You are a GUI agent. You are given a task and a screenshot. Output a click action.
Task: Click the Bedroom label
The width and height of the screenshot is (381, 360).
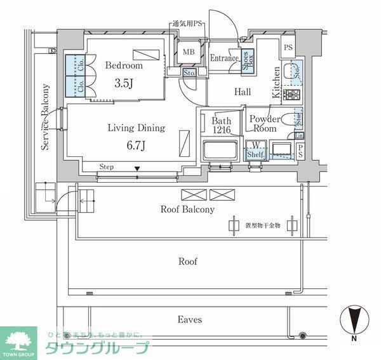tap(124, 65)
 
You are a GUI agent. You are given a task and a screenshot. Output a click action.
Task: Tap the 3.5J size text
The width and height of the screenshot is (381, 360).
tap(124, 82)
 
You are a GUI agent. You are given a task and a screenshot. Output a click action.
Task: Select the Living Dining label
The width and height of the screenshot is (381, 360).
tap(135, 128)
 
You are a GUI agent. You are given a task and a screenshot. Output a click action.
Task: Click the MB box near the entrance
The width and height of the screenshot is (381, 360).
tap(189, 53)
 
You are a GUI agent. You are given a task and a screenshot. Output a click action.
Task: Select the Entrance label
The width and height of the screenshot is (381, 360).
tap(224, 58)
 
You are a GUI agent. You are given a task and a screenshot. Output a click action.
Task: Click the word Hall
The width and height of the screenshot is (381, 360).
tap(243, 92)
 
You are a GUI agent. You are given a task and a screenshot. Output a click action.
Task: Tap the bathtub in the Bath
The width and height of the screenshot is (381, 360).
tap(218, 152)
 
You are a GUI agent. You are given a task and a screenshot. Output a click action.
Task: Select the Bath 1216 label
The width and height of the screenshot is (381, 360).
tap(222, 125)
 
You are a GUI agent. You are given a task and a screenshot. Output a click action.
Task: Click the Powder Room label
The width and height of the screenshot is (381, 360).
tap(265, 123)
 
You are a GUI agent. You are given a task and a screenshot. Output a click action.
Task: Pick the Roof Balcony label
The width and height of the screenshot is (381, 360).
tap(187, 209)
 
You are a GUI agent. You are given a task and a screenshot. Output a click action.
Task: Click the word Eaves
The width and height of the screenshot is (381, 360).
tap(189, 319)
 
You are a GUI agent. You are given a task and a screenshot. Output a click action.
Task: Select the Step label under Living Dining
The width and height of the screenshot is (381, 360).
tap(107, 168)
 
